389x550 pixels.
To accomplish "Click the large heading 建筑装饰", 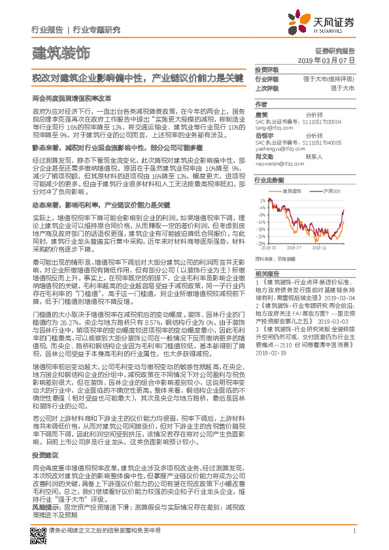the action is pyautogui.click(x=61, y=52).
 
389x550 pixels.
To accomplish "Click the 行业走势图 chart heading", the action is pyautogui.click(x=270, y=179).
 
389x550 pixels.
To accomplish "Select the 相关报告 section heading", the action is pyautogui.click(x=267, y=273).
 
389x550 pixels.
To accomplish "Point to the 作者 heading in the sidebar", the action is pyautogui.click(x=261, y=104).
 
